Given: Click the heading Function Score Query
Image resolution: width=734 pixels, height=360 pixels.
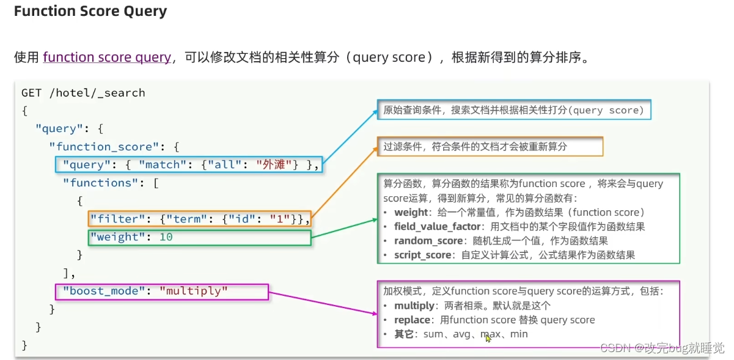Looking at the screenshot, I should pyautogui.click(x=90, y=12).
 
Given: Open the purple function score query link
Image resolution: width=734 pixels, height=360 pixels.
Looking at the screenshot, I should pyautogui.click(x=107, y=57).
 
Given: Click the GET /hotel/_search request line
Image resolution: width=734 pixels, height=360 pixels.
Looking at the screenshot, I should pyautogui.click(x=83, y=93).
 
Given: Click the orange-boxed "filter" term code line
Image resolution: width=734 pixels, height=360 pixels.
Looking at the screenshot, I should pyautogui.click(x=199, y=219).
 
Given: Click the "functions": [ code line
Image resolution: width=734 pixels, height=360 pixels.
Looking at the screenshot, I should pyautogui.click(x=111, y=183).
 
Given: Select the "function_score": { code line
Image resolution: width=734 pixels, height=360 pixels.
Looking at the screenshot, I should pyautogui.click(x=117, y=147).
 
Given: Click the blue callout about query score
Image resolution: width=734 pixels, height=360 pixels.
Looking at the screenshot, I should pyautogui.click(x=513, y=111).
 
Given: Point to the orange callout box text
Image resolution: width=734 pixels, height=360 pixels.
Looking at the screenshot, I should pyautogui.click(x=475, y=147).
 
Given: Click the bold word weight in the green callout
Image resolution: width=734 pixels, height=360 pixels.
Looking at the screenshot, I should pyautogui.click(x=411, y=212).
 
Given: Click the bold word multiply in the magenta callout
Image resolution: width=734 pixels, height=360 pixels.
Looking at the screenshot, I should pyautogui.click(x=414, y=306).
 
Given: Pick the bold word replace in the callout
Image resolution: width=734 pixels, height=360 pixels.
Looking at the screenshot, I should pyautogui.click(x=412, y=320).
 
